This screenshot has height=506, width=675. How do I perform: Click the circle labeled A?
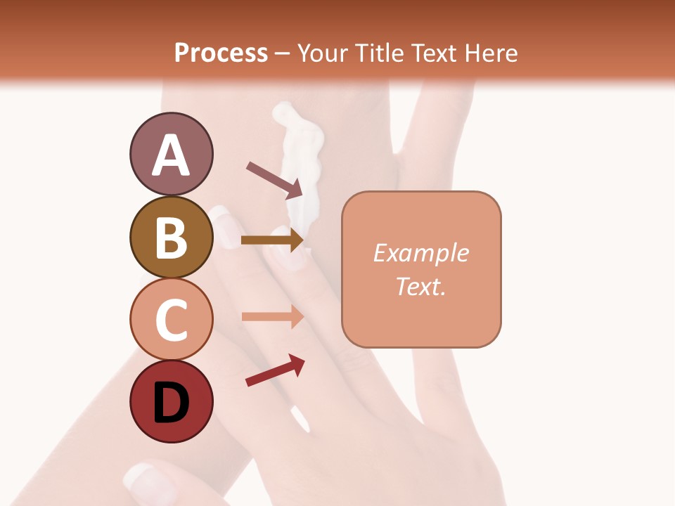171,154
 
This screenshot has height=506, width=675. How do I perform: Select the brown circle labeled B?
171,237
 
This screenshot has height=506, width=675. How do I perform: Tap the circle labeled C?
171,320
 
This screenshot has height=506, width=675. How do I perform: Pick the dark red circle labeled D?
171,402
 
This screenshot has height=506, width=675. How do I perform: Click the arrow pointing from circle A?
274,180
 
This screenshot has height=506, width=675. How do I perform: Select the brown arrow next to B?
272,240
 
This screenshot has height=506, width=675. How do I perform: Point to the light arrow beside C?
272,316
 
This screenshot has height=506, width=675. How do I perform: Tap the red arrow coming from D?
275,370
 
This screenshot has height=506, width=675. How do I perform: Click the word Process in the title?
221,53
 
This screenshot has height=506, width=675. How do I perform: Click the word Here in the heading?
491,53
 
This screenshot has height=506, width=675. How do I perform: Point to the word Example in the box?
421,253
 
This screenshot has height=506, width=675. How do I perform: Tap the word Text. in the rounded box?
421,286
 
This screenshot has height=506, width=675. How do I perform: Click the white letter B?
171,237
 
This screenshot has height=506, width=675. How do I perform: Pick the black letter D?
171,403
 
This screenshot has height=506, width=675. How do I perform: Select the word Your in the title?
323,53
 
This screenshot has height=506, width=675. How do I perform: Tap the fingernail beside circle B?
225,226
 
